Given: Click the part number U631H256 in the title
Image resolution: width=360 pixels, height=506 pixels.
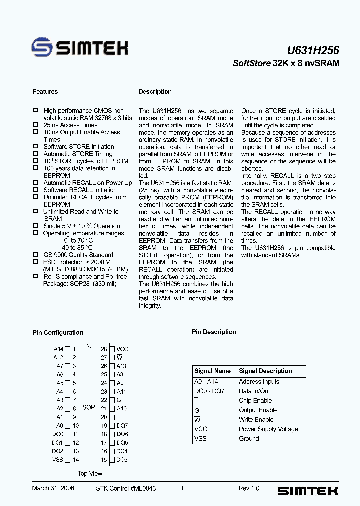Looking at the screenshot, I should pyautogui.click(x=313, y=50).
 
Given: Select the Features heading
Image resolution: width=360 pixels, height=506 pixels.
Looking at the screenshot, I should pyautogui.click(x=45, y=92).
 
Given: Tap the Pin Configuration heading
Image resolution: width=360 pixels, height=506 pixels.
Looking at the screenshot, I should pyautogui.click(x=58, y=333).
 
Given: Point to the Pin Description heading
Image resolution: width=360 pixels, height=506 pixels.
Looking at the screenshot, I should pyautogui.click(x=214, y=332).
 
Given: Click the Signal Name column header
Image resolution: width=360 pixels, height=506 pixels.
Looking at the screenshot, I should pyautogui.click(x=212, y=371).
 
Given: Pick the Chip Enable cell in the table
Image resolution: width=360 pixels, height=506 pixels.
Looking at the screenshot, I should pyautogui.click(x=255, y=401).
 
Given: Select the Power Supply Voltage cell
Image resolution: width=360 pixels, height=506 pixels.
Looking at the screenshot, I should pyautogui.click(x=268, y=429).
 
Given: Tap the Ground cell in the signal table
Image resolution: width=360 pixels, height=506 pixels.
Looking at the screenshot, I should pyautogui.click(x=249, y=439).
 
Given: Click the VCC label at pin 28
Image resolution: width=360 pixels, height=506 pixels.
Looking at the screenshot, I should pyautogui.click(x=122, y=349).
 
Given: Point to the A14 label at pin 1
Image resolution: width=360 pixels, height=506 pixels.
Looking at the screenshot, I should pyautogui.click(x=58, y=349).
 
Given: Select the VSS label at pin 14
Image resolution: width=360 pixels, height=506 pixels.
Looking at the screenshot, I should pyautogui.click(x=58, y=460).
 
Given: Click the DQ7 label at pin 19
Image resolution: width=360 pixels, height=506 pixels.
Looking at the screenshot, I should pyautogui.click(x=122, y=426).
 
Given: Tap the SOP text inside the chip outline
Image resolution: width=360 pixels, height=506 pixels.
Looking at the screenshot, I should pyautogui.click(x=89, y=407).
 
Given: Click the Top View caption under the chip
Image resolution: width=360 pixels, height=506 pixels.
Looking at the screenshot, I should pyautogui.click(x=90, y=473).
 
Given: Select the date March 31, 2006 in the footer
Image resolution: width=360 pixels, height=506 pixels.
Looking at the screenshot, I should pyautogui.click(x=53, y=488).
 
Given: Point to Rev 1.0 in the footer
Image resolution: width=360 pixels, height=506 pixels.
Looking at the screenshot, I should pyautogui.click(x=249, y=488).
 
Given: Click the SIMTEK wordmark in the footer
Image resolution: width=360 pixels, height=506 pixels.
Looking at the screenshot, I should pyautogui.click(x=307, y=491).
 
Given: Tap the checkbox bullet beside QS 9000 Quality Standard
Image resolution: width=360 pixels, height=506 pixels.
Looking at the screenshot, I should pyautogui.click(x=36, y=255).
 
